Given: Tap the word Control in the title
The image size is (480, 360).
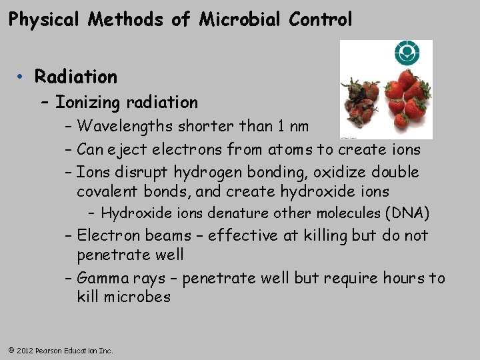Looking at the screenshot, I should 321,20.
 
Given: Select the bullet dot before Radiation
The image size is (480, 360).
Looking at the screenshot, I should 22,77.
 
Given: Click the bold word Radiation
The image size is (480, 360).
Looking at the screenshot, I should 76,77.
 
